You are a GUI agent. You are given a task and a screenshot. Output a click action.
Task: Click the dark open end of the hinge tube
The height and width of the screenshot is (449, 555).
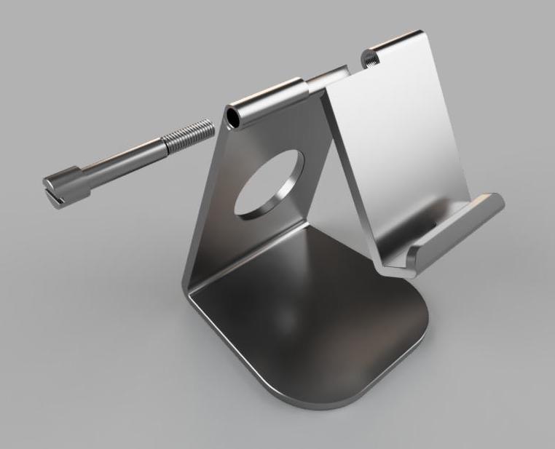(x=234, y=117)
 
